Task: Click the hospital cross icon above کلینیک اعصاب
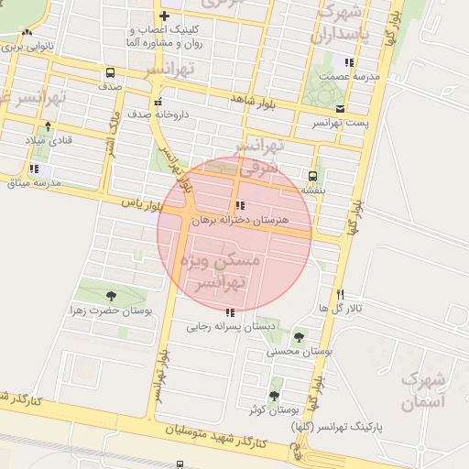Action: point(164,16)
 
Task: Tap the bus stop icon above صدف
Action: point(110,72)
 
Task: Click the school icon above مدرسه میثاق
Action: point(34,169)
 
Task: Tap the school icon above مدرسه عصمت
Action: point(349,62)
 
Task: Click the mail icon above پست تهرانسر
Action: point(340,108)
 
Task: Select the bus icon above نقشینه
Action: point(313,175)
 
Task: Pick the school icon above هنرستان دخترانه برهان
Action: point(239,206)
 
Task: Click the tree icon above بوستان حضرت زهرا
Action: point(111,296)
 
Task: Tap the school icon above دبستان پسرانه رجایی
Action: point(228,312)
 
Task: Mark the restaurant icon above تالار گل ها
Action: point(340,295)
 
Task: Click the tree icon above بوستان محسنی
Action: point(299,337)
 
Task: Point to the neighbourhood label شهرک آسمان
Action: point(423,389)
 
